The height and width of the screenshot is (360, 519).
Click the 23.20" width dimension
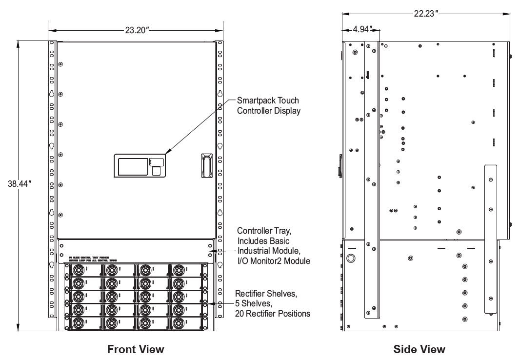[136, 30]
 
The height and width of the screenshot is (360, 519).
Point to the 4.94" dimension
[360, 29]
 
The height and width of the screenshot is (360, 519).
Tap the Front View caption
[136, 349]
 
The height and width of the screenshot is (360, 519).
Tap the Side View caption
[420, 349]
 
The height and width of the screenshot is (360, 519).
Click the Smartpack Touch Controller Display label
[268, 106]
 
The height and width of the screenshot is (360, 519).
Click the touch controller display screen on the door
[132, 166]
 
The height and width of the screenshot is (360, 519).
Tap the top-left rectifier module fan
[79, 270]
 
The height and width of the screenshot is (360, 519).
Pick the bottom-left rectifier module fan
[79, 323]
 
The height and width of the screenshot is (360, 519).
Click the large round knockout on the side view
[351, 258]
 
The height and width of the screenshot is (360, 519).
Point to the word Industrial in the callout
[253, 251]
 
